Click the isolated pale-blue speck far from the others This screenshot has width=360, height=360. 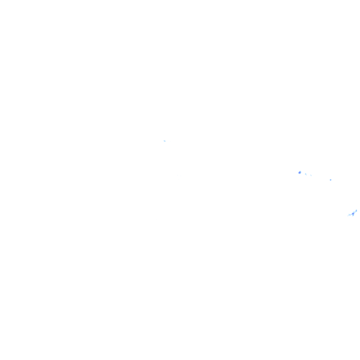tap(164, 141)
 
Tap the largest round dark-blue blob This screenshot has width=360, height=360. tap(300, 172)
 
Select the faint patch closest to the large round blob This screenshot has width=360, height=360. tap(306, 174)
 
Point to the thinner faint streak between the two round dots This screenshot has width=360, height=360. tap(311, 175)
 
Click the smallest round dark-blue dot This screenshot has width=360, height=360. tap(330, 180)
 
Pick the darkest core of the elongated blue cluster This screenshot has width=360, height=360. tap(353, 214)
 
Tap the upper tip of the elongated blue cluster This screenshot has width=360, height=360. tap(356, 210)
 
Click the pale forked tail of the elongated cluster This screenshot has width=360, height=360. tap(349, 215)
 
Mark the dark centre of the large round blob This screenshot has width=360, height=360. tap(300, 173)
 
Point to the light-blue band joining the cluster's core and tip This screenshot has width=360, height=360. tap(355, 212)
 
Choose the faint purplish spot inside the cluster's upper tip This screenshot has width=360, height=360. tap(356, 211)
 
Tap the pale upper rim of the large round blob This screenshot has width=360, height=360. tap(300, 171)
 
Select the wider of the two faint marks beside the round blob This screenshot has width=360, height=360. tap(306, 174)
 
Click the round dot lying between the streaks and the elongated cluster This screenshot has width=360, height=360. tap(330, 180)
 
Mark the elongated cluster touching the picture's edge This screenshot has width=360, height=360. tap(353, 213)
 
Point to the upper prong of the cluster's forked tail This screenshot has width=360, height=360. tap(349, 214)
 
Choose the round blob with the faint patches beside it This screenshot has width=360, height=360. tap(300, 172)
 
